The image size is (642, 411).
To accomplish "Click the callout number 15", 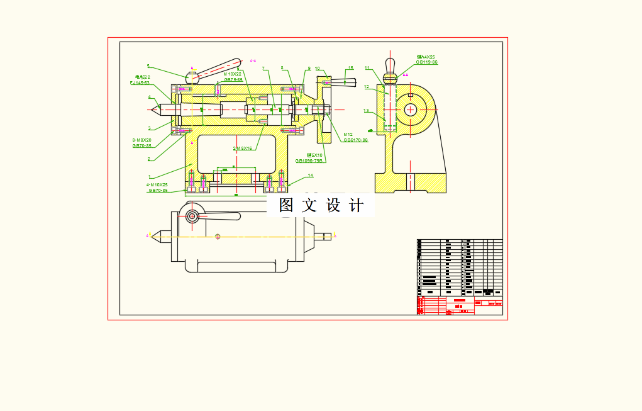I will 351,68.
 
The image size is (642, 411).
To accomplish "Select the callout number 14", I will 310,176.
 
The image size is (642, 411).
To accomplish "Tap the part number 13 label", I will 366,111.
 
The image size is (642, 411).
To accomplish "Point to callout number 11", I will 367,68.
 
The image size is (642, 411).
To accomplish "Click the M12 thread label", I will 348,134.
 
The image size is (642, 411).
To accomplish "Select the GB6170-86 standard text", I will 355,140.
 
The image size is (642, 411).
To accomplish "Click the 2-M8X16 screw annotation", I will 243,149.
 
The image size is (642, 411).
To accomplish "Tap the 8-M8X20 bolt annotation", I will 141,140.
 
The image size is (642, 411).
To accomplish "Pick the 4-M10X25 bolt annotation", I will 157,185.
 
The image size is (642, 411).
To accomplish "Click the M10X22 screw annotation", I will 233,74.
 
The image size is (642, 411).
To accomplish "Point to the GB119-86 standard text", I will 426,62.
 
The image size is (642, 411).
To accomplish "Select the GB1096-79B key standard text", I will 309,160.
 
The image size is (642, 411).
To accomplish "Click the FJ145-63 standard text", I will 140,82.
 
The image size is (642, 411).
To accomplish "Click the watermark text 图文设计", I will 321,205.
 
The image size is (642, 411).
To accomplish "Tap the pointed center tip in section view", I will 153,110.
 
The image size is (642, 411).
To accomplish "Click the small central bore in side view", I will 411,110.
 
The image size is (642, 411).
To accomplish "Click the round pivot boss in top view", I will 192,217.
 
